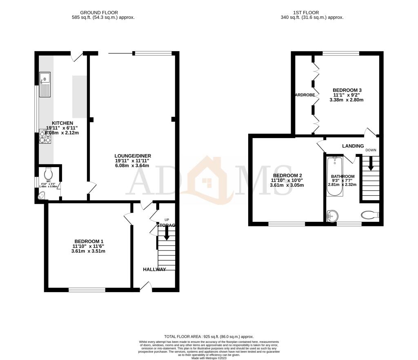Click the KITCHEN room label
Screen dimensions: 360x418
62,123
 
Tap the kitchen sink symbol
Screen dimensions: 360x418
45,84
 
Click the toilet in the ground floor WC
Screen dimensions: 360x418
49,173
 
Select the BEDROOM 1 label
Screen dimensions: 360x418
88,241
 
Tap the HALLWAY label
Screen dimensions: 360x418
154,269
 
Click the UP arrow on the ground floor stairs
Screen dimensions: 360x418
166,233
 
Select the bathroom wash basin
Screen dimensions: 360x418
333,215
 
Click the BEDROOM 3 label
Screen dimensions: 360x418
347,90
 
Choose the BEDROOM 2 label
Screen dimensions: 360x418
287,175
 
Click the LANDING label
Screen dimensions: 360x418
353,146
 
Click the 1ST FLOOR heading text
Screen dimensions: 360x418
312,13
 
